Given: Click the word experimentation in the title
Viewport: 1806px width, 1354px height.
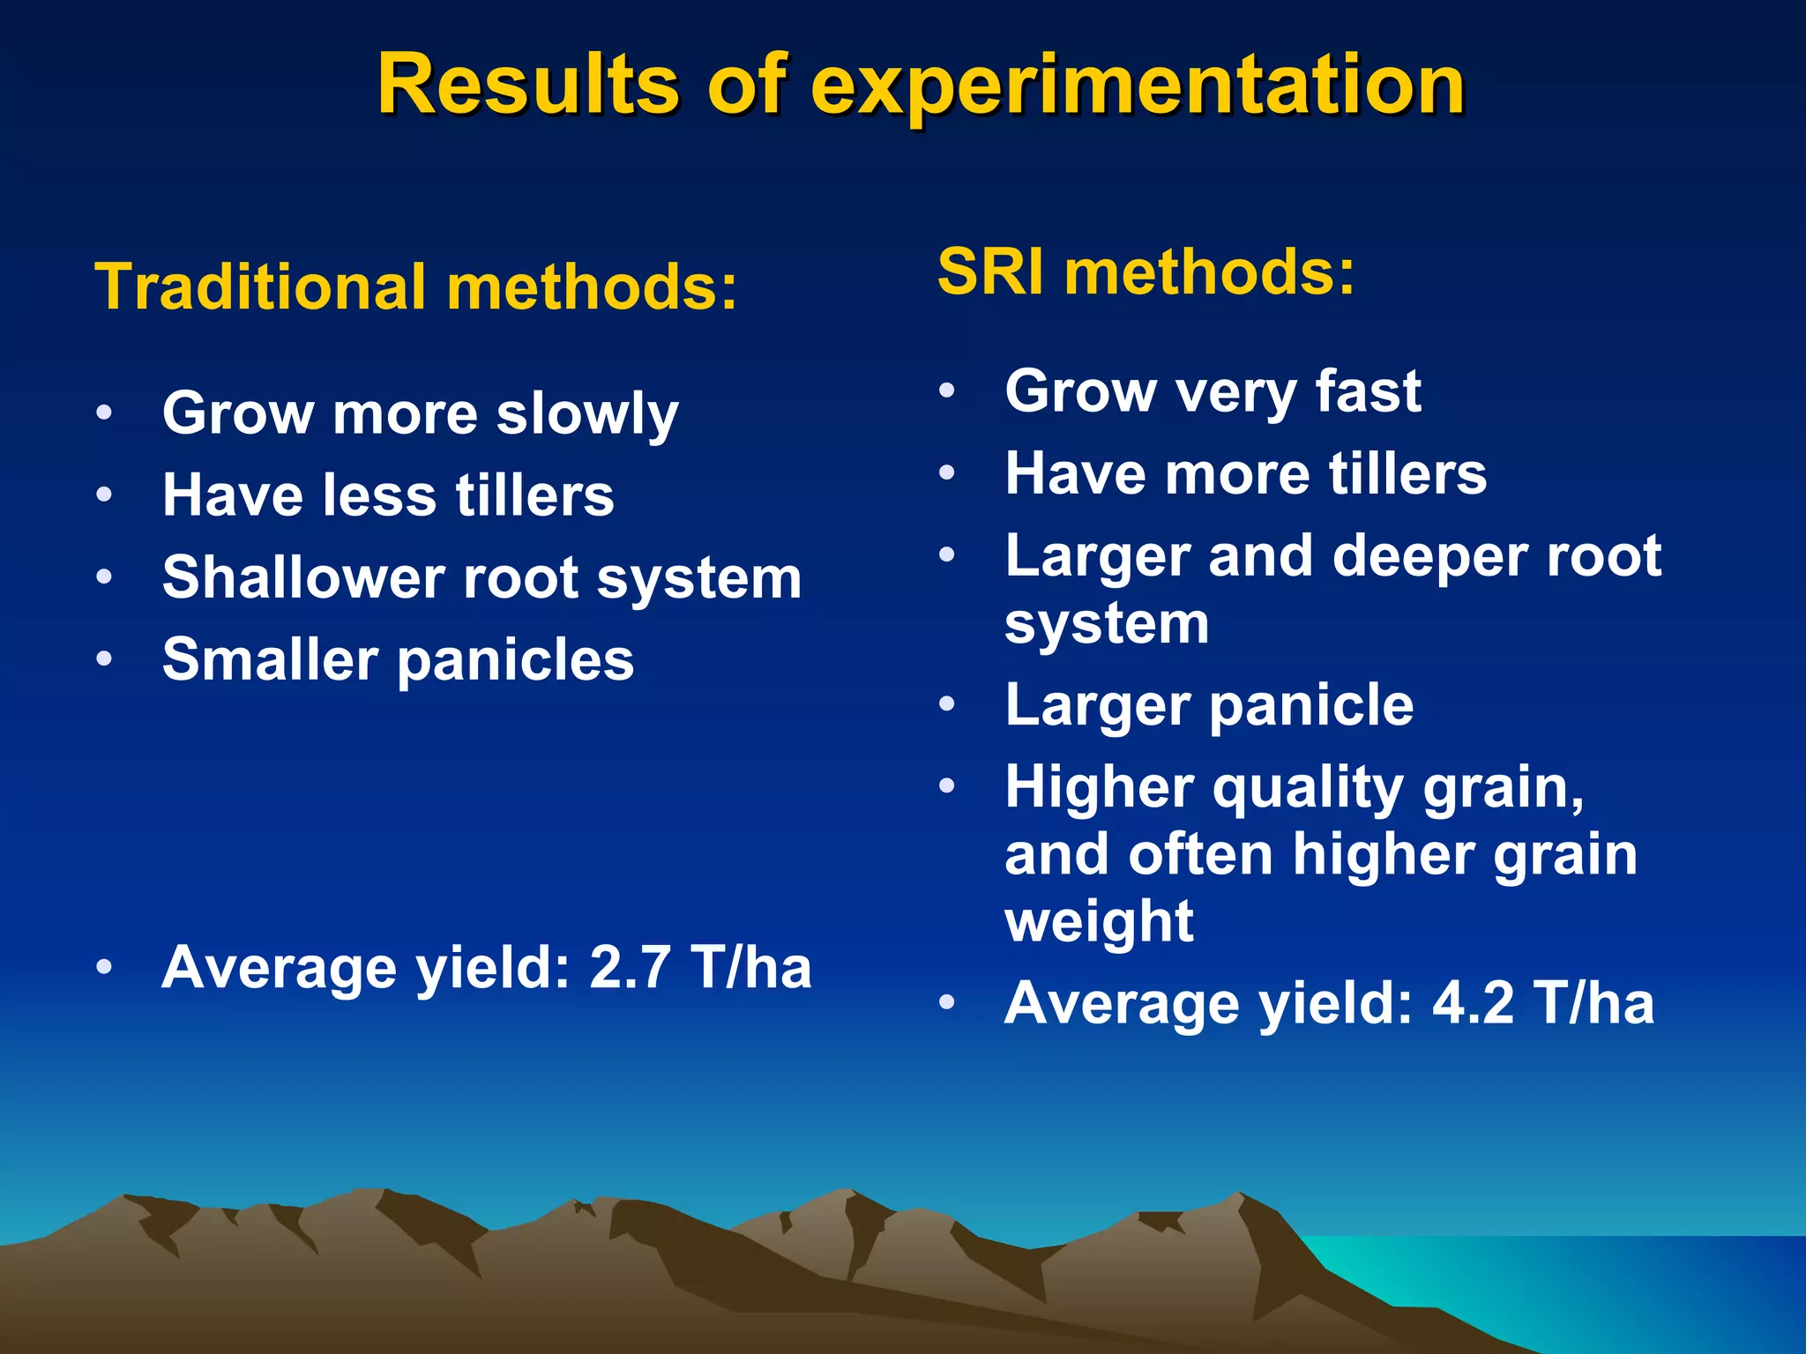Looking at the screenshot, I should click(x=1137, y=86).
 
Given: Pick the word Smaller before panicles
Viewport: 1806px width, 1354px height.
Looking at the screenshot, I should click(x=270, y=659).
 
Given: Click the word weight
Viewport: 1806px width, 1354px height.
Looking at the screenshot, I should click(x=1099, y=920).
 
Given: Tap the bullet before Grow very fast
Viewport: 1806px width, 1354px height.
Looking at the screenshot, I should click(x=947, y=391).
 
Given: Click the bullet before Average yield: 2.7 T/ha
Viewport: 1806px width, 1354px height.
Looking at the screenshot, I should click(x=104, y=967).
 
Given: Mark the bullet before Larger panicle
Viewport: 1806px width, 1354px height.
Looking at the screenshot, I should click(x=947, y=704).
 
